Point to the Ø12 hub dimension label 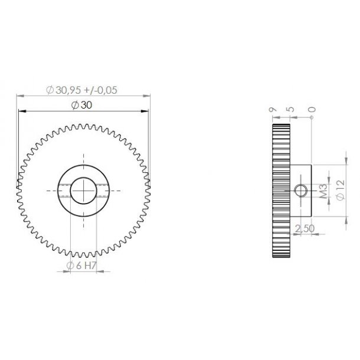point(339,189)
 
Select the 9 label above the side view point(271,109)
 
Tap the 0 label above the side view point(311,109)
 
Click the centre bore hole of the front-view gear point(83,190)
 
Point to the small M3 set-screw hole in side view point(300,190)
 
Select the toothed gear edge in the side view point(281,190)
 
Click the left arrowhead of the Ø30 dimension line point(20,111)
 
